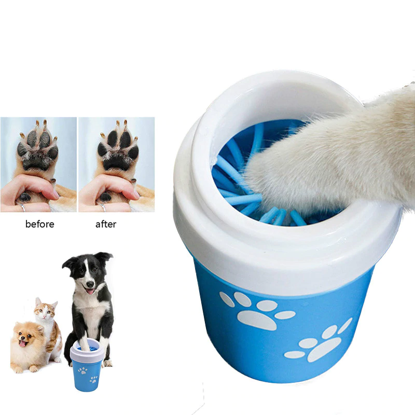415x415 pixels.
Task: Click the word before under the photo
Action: (39, 225)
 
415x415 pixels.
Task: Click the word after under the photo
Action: (106, 225)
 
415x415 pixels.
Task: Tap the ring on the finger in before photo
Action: (23, 208)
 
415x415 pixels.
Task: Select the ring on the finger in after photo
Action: (102, 208)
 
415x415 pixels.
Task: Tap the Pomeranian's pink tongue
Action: (22, 343)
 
